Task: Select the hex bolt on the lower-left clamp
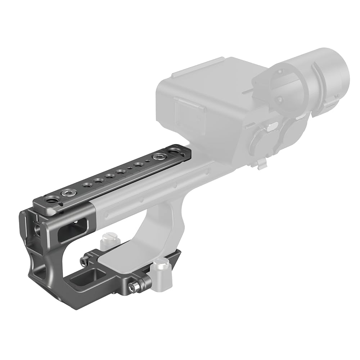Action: [84, 259]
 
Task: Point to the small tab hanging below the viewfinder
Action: [262, 164]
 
